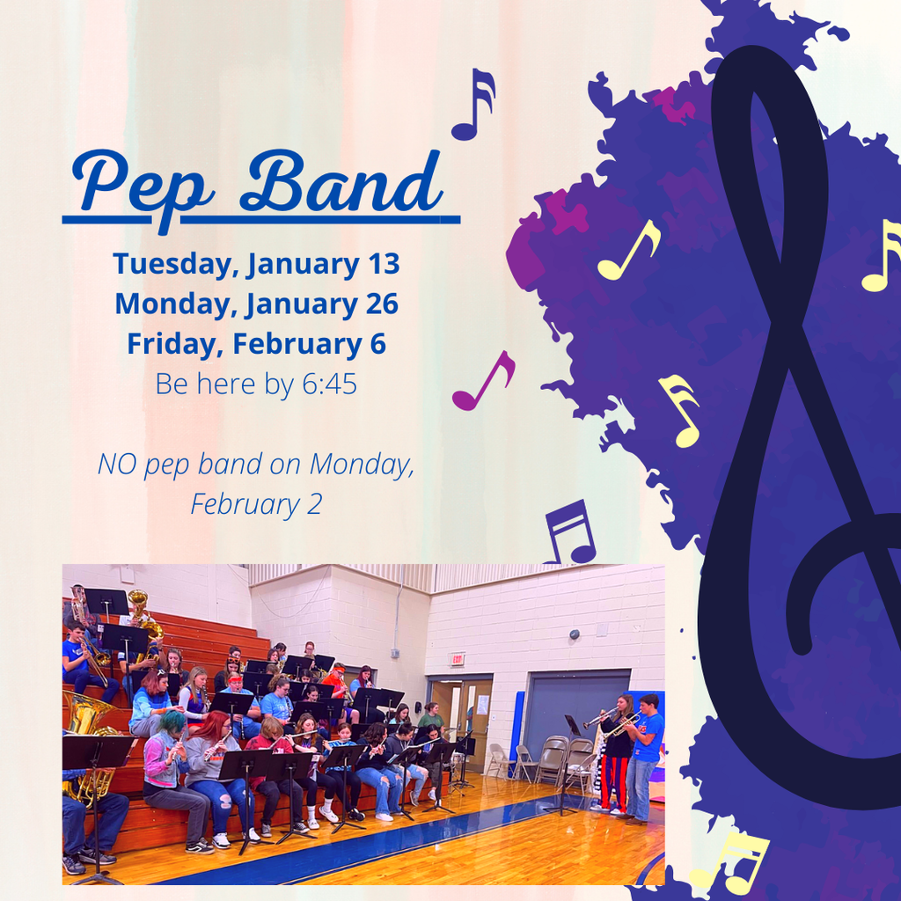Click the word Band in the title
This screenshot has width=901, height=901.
coord(339,180)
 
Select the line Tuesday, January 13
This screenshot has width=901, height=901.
coord(256,263)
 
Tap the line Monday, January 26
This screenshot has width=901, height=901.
coord(256,304)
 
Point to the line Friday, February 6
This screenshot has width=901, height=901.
coord(256,343)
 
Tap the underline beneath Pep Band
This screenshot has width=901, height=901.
coord(261,218)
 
